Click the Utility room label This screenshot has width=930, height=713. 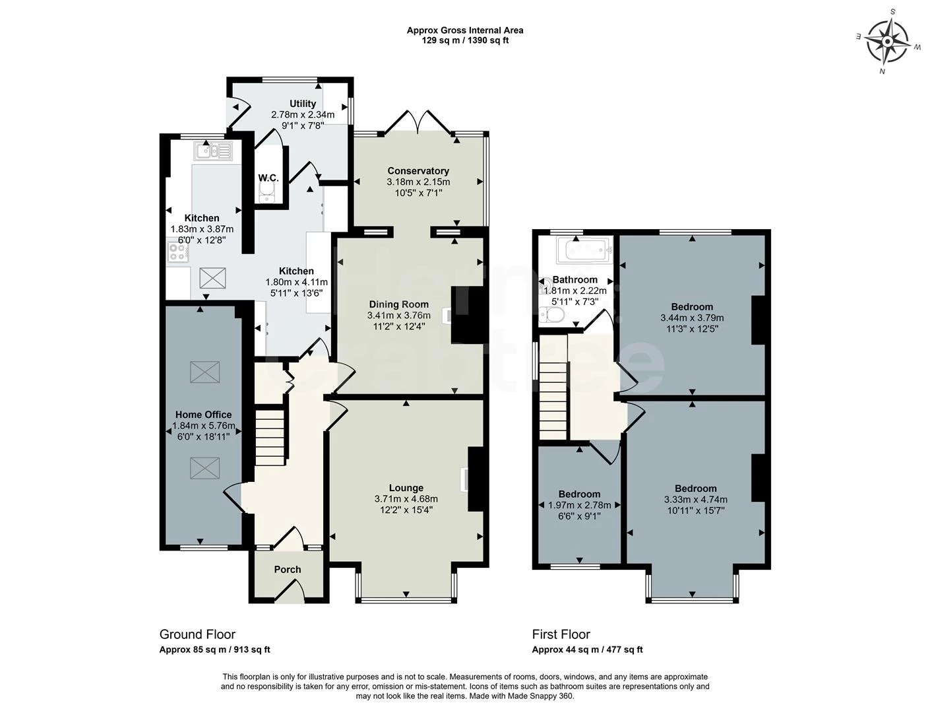pos(303,104)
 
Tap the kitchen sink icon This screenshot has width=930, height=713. pos(213,151)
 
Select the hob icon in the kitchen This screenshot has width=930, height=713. pos(178,252)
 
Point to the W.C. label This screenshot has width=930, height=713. pos(268,178)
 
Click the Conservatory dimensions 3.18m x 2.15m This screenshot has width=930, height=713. pos(418,182)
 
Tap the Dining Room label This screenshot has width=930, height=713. pos(398,304)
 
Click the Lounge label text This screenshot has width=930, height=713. pos(406,488)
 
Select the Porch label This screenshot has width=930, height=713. pos(288,569)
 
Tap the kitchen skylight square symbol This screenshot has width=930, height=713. pos(212,277)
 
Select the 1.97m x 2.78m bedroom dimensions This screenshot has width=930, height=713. pos(580,506)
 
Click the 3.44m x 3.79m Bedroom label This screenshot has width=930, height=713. pos(692,306)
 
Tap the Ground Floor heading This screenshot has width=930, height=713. pos(197,634)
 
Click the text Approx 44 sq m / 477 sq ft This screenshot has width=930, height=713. pos(587,650)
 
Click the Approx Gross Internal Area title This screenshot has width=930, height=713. pos(465,30)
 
